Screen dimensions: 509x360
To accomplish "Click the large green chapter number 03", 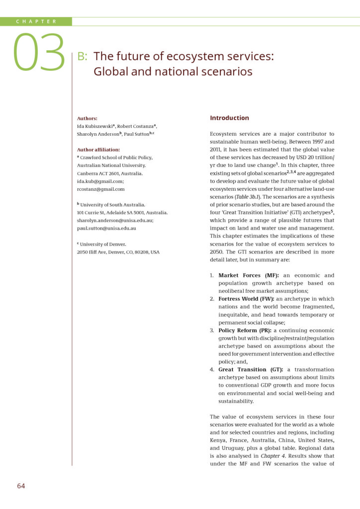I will [39, 52].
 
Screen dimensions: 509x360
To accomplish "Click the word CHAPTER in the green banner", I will [36, 21].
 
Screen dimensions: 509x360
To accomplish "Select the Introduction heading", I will [229, 118].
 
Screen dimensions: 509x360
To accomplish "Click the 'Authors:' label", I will [87, 118].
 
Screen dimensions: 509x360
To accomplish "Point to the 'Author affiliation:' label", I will [98, 149].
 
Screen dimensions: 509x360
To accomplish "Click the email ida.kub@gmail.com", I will [100, 181].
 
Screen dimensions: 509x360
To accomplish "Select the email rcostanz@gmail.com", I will [100, 189].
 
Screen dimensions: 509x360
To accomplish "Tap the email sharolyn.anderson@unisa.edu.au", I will [122, 220].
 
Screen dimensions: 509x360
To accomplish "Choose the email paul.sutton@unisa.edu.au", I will [106, 228].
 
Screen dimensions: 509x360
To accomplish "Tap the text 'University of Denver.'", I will [104, 244].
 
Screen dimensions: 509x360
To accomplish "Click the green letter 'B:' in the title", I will [83, 56].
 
